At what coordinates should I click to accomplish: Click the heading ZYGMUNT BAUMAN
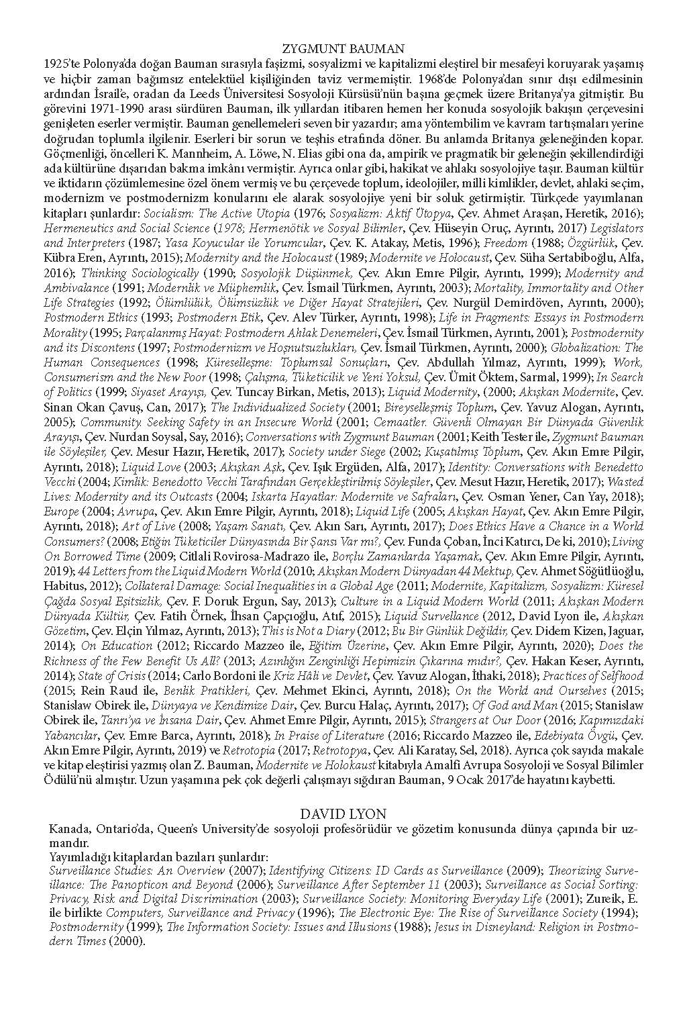[343, 48]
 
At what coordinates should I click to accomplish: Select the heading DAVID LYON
[343, 814]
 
